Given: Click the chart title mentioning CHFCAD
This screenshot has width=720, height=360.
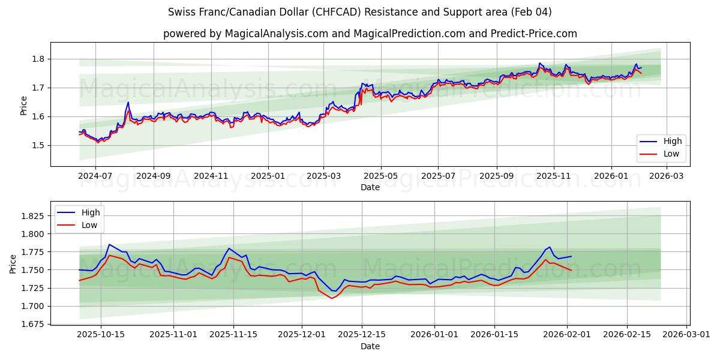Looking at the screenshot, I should click(360, 12).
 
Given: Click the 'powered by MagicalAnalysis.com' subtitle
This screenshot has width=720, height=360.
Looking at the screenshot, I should click(370, 34).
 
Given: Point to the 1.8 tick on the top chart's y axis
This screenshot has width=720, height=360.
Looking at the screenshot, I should click(38, 59).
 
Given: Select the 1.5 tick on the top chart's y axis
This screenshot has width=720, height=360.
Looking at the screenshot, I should click(38, 145).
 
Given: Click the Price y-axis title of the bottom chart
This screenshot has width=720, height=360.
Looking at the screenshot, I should click(13, 263).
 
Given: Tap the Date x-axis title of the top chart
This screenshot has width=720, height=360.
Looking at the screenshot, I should click(370, 188).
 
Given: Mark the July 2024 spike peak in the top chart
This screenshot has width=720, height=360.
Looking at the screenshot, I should click(128, 103).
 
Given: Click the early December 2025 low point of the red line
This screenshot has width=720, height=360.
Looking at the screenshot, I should click(331, 298).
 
